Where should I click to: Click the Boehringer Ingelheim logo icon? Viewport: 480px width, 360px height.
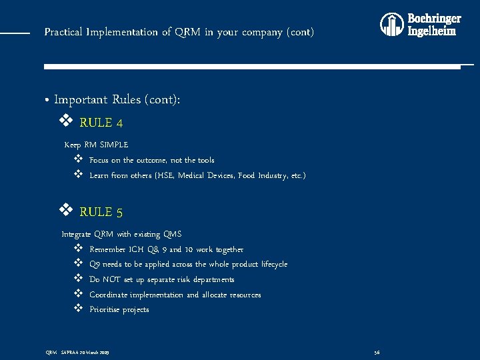click(392, 25)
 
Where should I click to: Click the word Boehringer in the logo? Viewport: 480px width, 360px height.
click(434, 19)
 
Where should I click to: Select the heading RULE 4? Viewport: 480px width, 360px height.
click(101, 123)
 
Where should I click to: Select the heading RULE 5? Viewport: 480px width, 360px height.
click(101, 213)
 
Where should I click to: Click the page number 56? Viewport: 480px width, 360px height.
click(377, 351)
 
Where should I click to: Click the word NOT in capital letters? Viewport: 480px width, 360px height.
click(111, 279)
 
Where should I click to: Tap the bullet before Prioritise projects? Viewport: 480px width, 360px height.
click(77, 309)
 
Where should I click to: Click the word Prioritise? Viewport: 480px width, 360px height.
click(105, 310)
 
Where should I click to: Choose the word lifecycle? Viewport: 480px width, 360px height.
click(270, 265)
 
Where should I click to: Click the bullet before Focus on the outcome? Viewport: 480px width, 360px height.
click(77, 160)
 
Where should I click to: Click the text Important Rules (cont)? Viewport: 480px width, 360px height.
click(117, 100)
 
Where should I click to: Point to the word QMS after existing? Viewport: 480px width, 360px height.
click(172, 235)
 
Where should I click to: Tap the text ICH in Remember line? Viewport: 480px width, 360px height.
click(135, 249)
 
